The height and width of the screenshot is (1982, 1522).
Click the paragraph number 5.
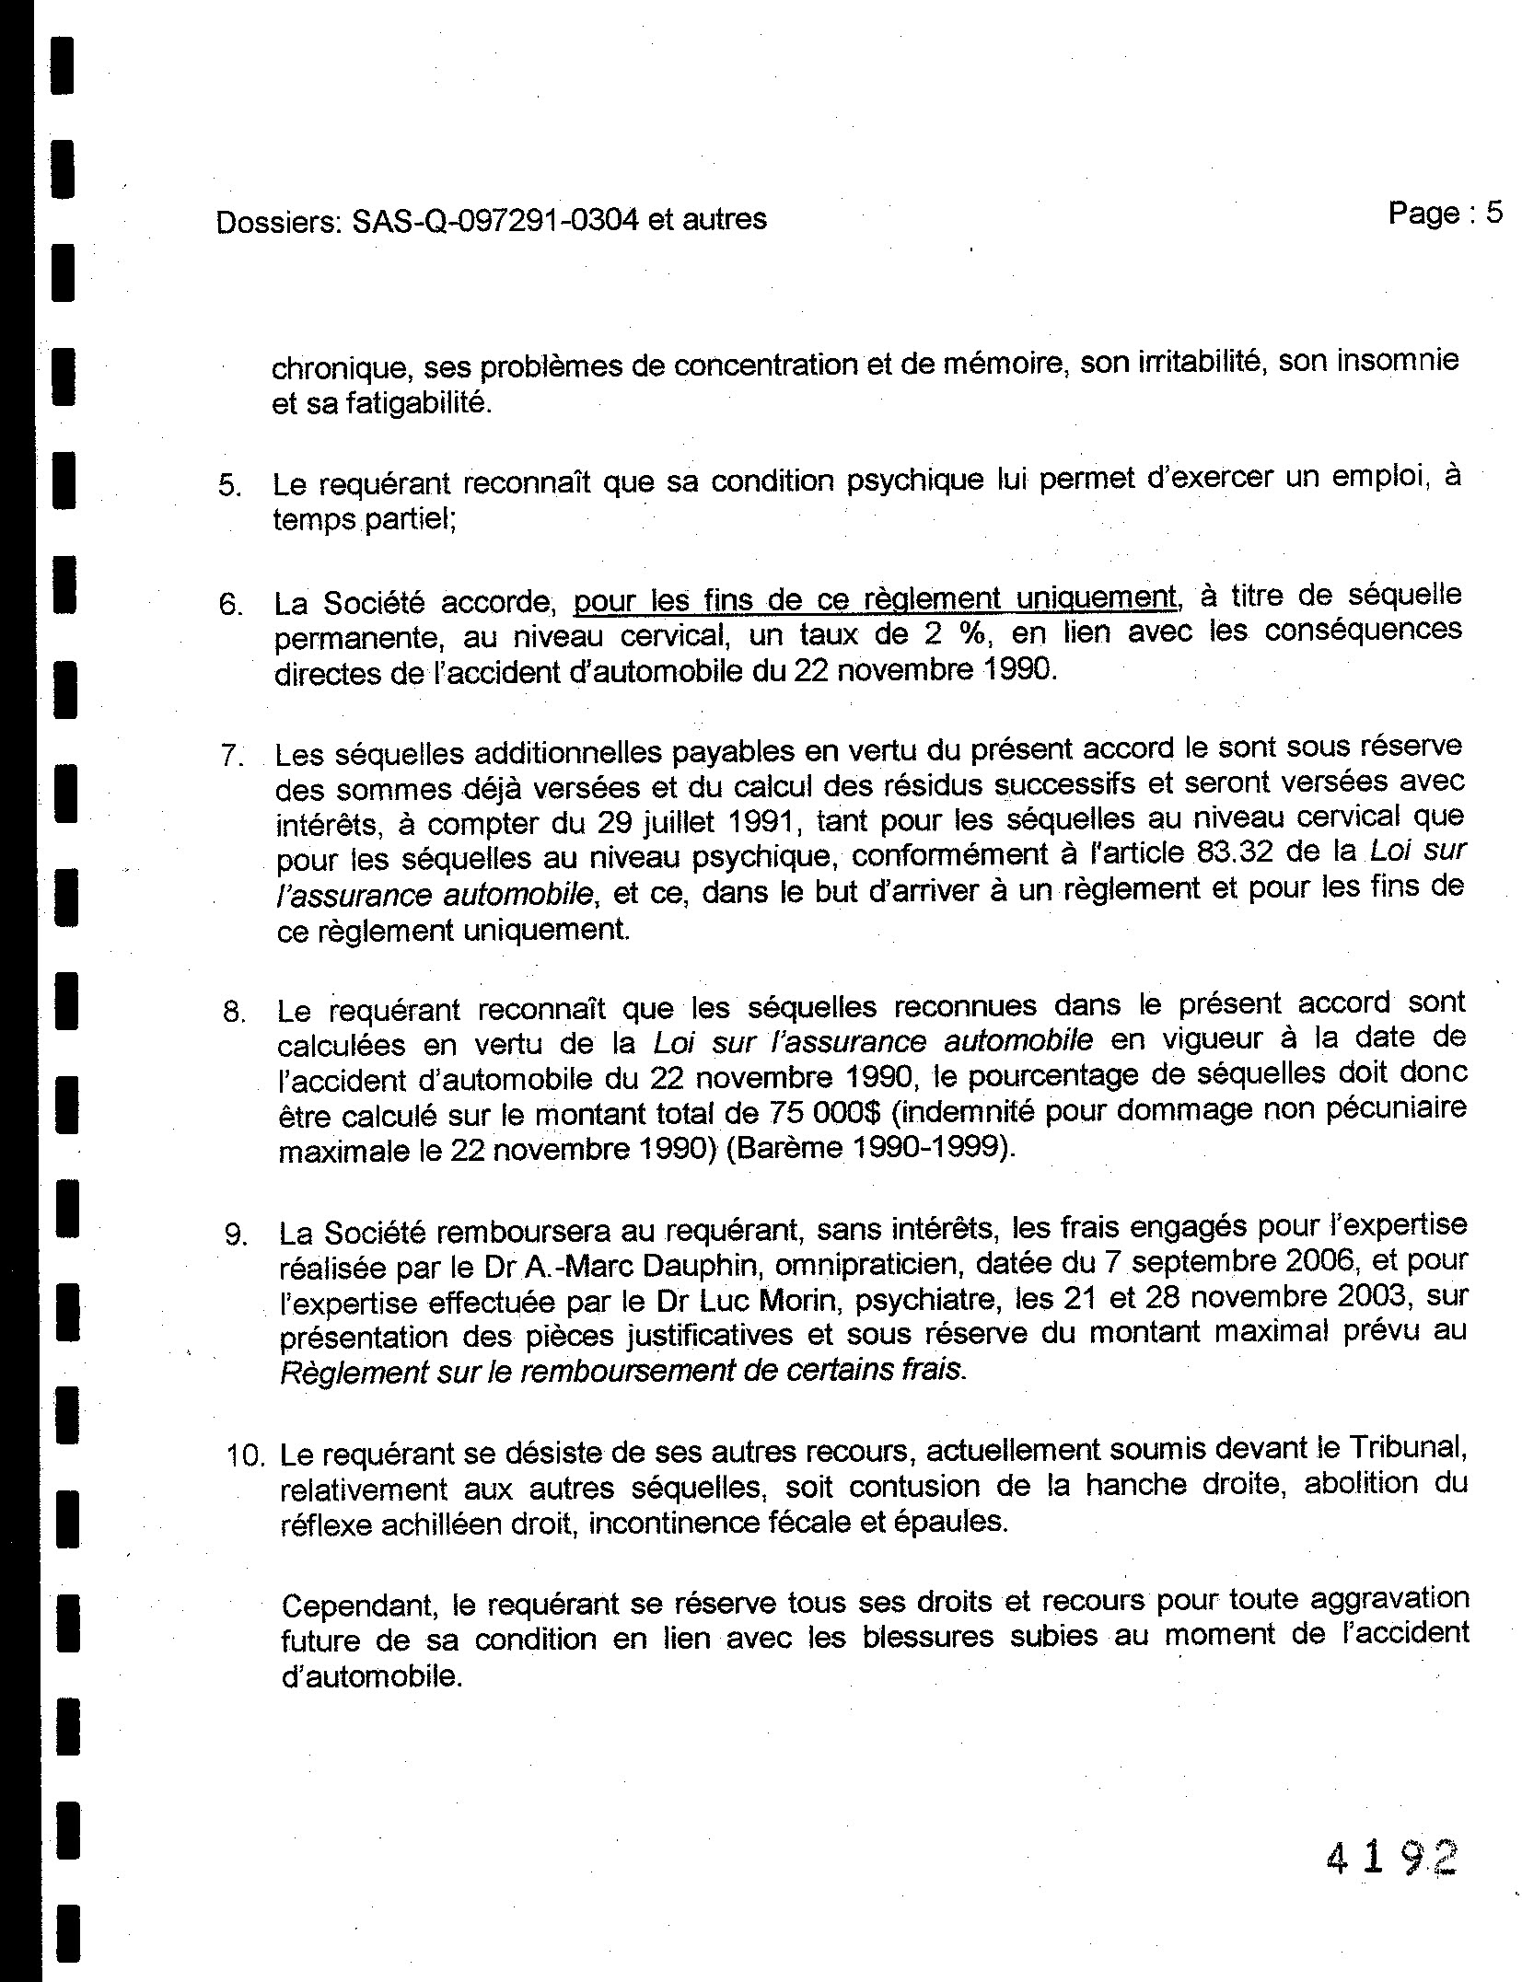(229, 485)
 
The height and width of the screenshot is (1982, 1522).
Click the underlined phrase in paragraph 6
(875, 599)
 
